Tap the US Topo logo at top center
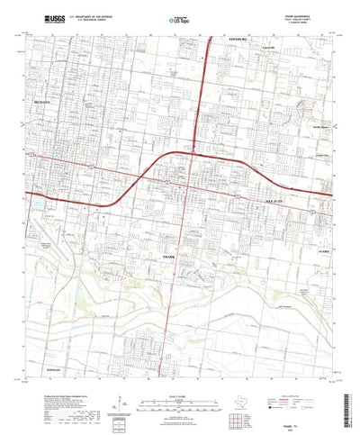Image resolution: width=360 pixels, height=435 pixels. [x=179, y=18]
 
